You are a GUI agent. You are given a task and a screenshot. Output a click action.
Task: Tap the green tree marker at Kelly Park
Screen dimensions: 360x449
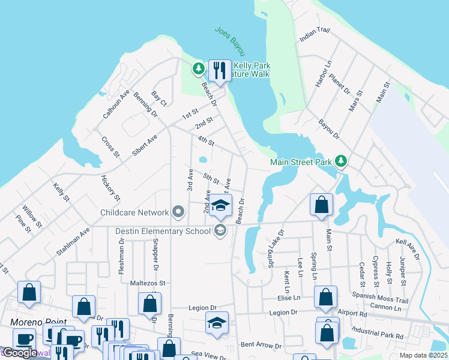coord(199,69)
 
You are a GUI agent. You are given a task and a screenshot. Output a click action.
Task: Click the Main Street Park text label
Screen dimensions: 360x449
coord(302,161)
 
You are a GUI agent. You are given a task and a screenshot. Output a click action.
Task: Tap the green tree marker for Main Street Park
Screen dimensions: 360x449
coord(341,161)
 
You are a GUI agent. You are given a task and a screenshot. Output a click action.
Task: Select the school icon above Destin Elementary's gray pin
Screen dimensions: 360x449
coord(220,205)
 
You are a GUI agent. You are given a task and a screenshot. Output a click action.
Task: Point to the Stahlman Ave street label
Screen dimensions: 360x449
coord(73,242)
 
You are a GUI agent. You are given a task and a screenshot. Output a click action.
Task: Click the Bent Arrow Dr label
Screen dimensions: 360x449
coord(261,346)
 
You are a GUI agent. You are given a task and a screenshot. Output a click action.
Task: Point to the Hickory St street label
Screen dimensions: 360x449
coord(111,189)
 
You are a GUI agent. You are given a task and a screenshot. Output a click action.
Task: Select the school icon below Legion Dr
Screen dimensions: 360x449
coord(217,322)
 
